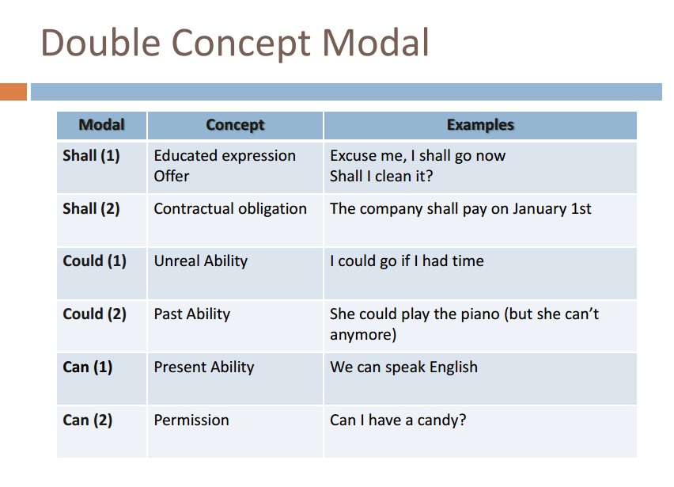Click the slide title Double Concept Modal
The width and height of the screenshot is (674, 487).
pyautogui.click(x=234, y=43)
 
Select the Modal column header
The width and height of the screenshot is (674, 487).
pyautogui.click(x=102, y=125)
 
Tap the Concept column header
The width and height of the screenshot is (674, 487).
pyautogui.click(x=235, y=125)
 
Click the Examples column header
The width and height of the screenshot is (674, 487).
pyautogui.click(x=480, y=125)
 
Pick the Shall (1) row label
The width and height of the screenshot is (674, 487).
pyautogui.click(x=91, y=156)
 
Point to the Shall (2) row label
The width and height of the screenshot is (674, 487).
pyautogui.click(x=91, y=209)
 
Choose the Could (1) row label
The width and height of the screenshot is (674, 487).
pyautogui.click(x=94, y=261)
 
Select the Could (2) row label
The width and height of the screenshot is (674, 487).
pyautogui.click(x=94, y=314)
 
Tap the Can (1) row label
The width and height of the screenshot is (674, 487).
pyautogui.click(x=87, y=367)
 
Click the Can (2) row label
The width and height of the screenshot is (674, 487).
pyautogui.click(x=87, y=420)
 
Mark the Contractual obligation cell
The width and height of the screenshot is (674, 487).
pyautogui.click(x=230, y=209)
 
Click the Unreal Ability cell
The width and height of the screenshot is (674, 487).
pyautogui.click(x=200, y=261)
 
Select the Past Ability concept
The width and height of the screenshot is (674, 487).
pyautogui.click(x=191, y=314)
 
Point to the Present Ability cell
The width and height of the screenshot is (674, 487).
pyautogui.click(x=203, y=367)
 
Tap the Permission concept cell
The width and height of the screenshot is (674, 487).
pyautogui.click(x=191, y=420)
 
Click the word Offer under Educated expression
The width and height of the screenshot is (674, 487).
pyautogui.click(x=172, y=177)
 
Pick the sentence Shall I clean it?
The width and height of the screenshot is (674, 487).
pyautogui.click(x=381, y=177)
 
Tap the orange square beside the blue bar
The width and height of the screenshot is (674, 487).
pyautogui.click(x=13, y=92)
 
